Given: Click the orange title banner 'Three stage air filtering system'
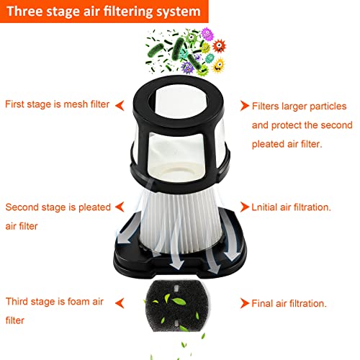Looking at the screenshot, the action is click(104, 12).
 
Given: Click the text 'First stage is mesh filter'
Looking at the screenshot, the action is click(58, 104).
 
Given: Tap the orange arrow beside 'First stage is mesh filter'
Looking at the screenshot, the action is click(120, 105).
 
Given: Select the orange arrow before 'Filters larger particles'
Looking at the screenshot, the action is click(245, 106).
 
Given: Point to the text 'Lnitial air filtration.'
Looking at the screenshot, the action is click(291, 207).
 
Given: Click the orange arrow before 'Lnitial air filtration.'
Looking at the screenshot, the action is click(245, 207).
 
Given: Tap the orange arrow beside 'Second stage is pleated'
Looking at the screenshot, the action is click(120, 207).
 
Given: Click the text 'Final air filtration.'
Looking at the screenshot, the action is click(289, 304).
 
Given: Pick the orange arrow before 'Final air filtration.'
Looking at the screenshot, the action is click(245, 303).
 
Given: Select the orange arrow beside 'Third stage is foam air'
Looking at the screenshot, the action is click(120, 303).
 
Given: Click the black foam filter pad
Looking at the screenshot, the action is click(177, 306).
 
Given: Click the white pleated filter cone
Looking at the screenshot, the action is click(181, 221).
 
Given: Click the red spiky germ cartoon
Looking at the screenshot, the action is click(219, 45).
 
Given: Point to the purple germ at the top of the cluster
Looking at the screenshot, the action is click(207, 34).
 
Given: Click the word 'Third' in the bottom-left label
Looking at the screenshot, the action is click(17, 302).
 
